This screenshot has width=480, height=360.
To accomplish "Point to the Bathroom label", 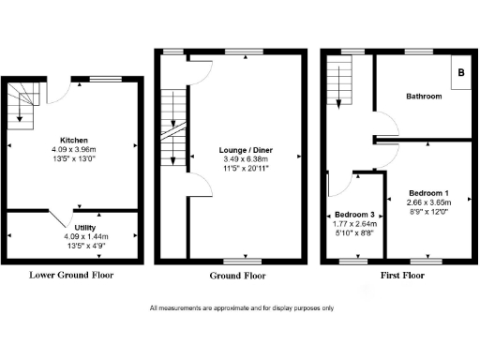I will coord(424,97).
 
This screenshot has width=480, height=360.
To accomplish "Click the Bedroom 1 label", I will coord(429,191).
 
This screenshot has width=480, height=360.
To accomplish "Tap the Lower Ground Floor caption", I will coord(73,276).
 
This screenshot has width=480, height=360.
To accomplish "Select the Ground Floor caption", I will coord(239,277).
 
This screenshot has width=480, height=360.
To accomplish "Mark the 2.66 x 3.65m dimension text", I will coord(429,202).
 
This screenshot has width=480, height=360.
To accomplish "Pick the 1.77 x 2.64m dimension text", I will coord(352,225).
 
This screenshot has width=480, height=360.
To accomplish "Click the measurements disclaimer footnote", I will coord(239,308).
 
